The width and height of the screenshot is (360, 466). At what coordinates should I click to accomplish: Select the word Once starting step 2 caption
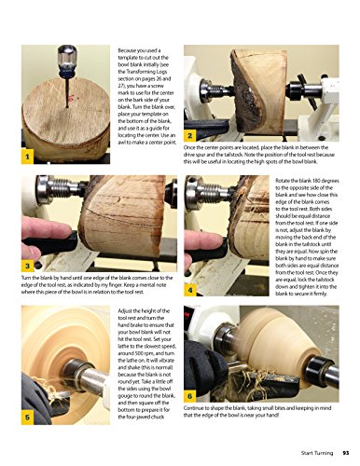193,147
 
